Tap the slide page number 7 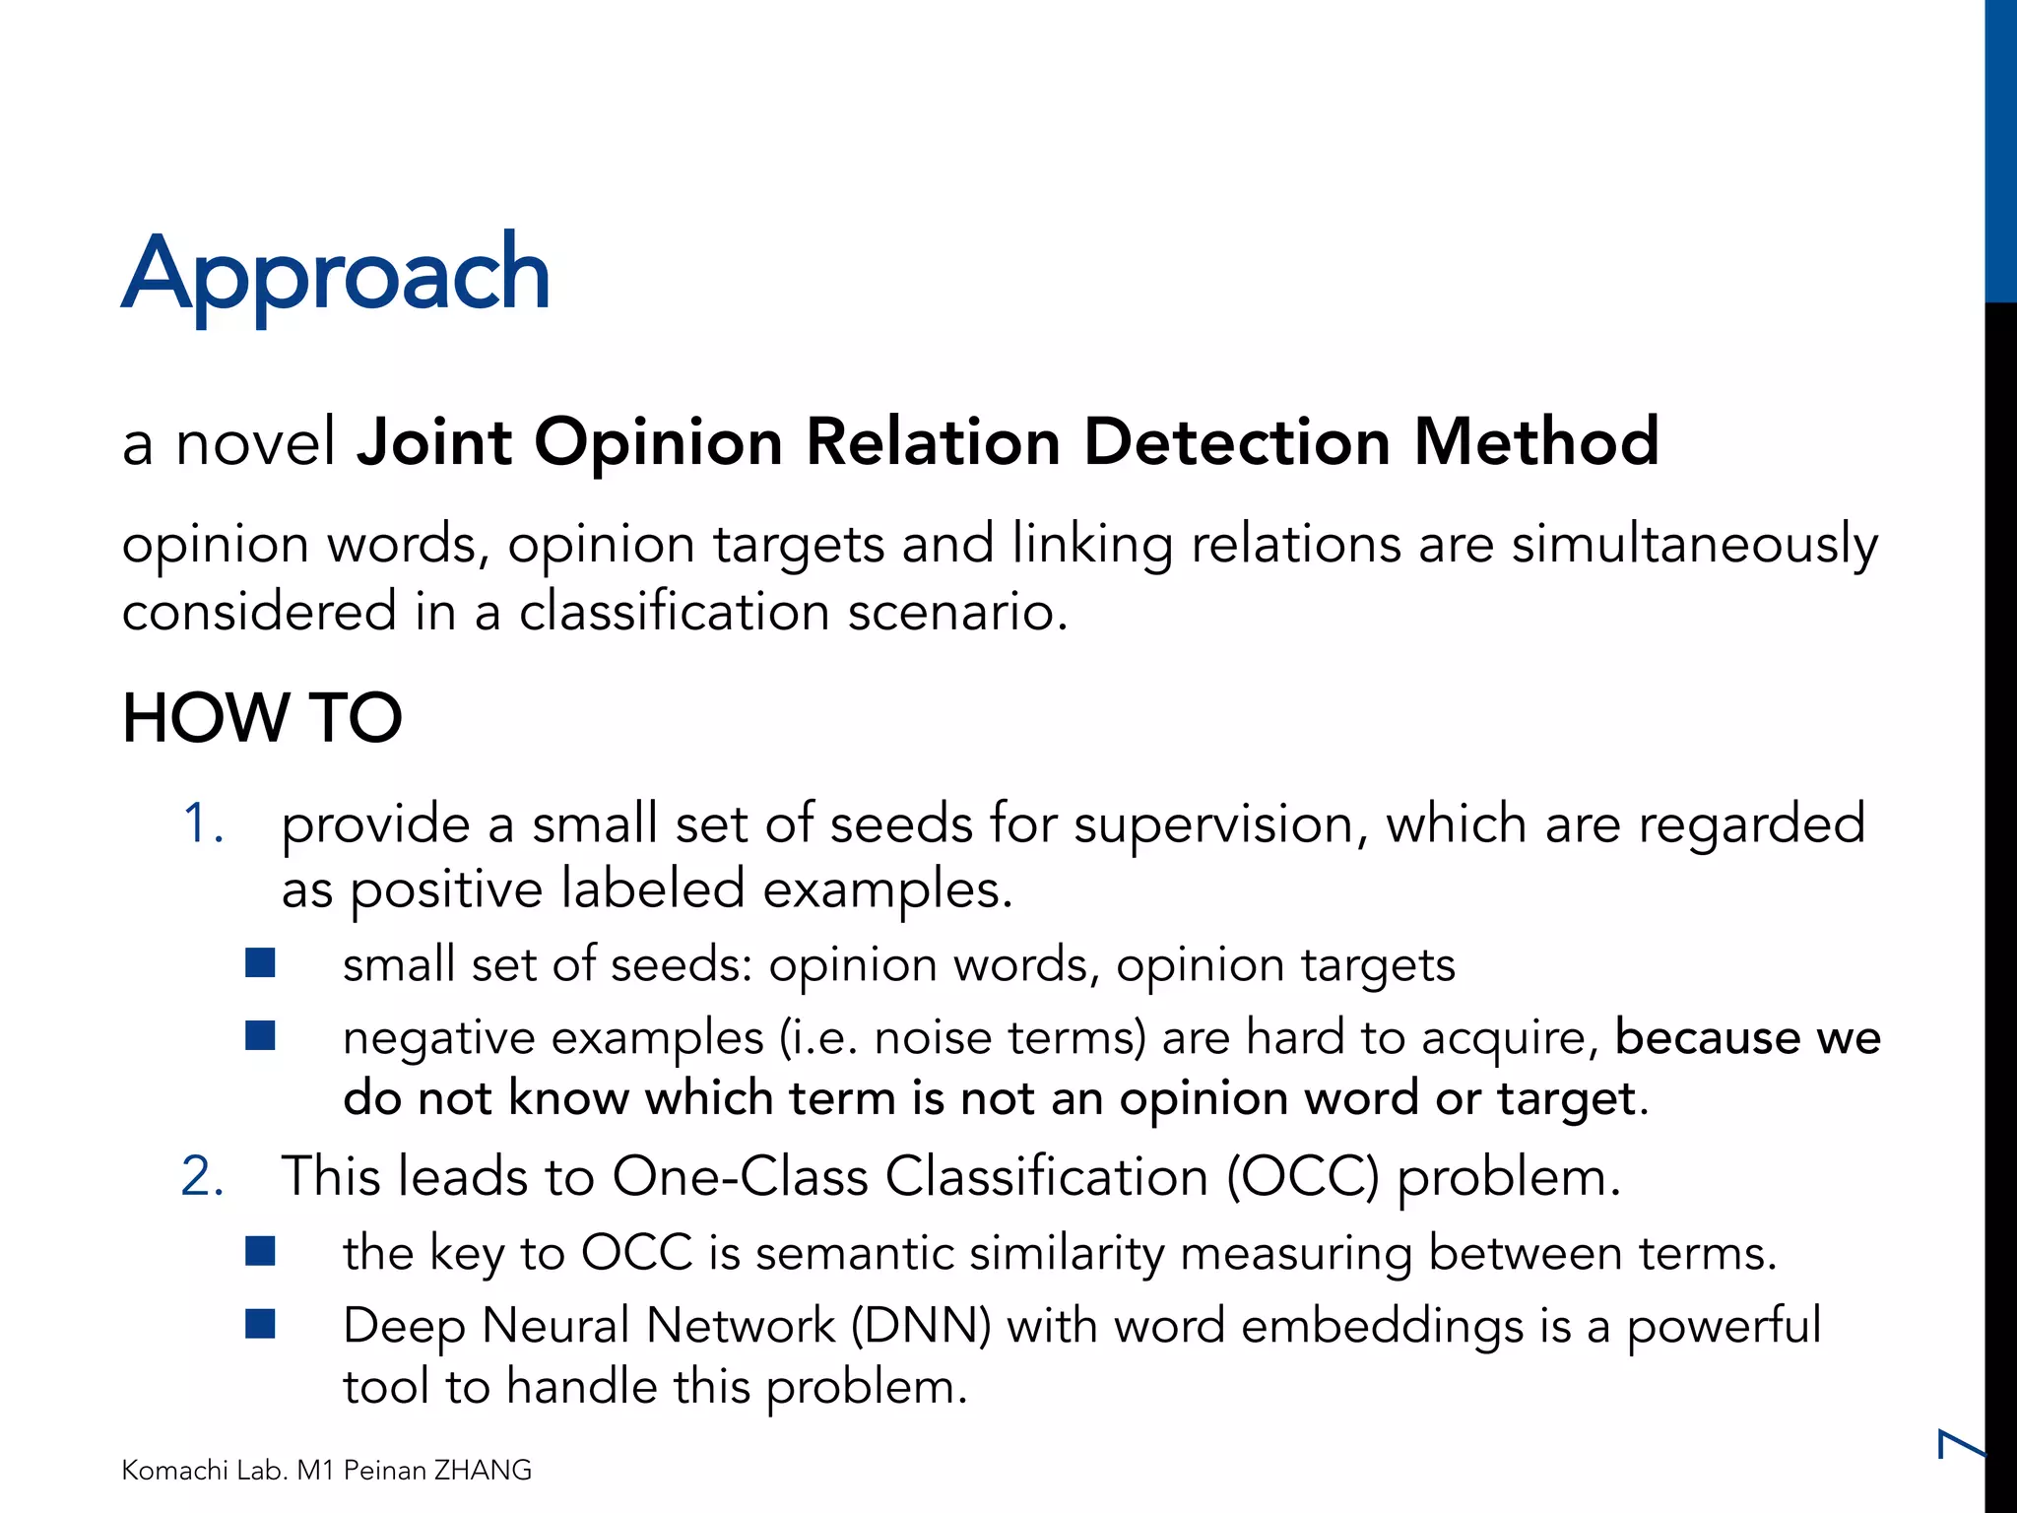click(1959, 1444)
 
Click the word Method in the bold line click(1536, 441)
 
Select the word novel click(256, 441)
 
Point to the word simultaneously click(1694, 545)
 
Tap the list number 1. click(203, 823)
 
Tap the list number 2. click(203, 1176)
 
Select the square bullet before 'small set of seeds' click(260, 962)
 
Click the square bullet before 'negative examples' click(260, 1036)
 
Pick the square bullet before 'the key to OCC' click(260, 1251)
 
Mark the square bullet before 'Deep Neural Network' click(260, 1324)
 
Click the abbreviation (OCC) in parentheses click(1303, 1176)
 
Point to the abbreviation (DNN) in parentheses click(921, 1326)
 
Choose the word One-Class click(740, 1176)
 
